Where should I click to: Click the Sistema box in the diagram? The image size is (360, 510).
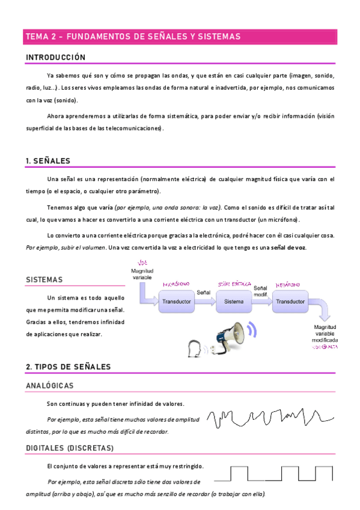234,301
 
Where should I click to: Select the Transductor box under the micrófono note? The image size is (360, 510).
177,301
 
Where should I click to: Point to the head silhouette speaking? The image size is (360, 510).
194,349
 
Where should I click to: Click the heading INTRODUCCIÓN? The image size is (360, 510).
55,58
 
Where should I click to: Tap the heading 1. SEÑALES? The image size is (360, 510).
48,161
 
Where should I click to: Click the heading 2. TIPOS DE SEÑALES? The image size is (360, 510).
68,367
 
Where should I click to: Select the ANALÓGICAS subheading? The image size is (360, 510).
50,385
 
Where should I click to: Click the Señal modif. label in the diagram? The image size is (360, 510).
261,290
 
